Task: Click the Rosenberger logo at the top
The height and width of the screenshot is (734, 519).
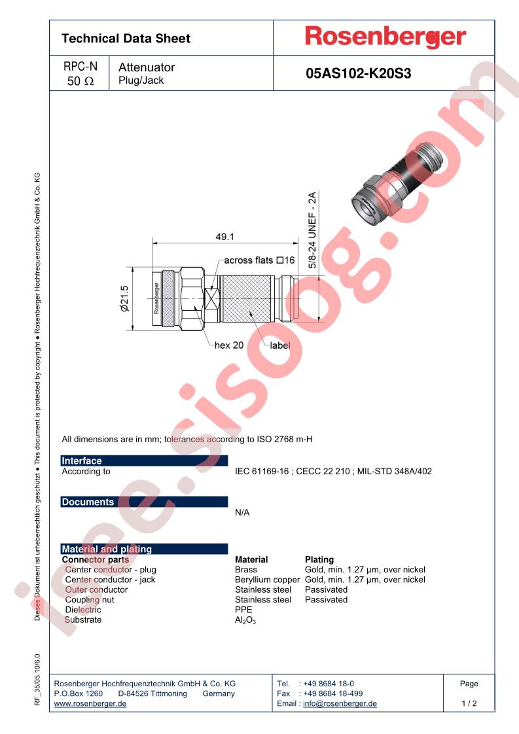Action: (x=385, y=38)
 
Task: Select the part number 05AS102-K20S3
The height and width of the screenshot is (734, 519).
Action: (x=358, y=74)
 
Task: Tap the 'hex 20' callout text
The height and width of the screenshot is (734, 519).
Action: (x=228, y=345)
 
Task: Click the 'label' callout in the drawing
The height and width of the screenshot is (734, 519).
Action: (x=279, y=345)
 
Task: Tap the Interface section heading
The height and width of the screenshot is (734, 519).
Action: (x=82, y=461)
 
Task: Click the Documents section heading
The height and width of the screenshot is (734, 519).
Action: (x=88, y=502)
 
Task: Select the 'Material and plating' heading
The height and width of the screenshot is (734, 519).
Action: (x=107, y=550)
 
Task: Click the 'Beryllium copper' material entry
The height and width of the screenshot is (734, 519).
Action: (x=267, y=580)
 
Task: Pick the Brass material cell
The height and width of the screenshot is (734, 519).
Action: (x=246, y=570)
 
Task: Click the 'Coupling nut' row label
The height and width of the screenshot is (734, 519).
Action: (x=90, y=599)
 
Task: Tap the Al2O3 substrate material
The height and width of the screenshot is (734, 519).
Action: (x=245, y=620)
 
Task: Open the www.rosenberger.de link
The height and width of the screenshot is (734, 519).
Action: (x=90, y=703)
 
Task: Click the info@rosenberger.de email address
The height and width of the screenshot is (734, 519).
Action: (x=340, y=703)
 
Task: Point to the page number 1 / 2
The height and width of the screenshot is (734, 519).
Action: (x=469, y=703)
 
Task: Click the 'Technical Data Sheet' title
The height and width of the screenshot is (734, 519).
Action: (x=126, y=39)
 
